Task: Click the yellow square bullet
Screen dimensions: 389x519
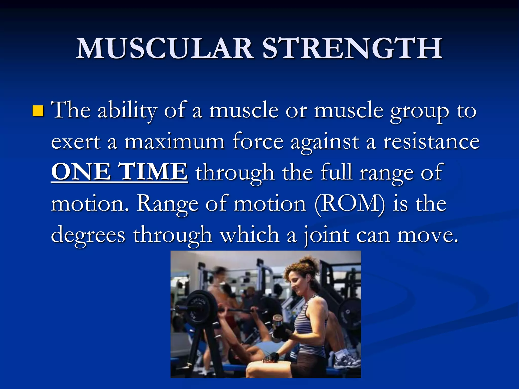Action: click(x=38, y=111)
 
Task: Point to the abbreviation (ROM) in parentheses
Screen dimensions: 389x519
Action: click(x=350, y=204)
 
